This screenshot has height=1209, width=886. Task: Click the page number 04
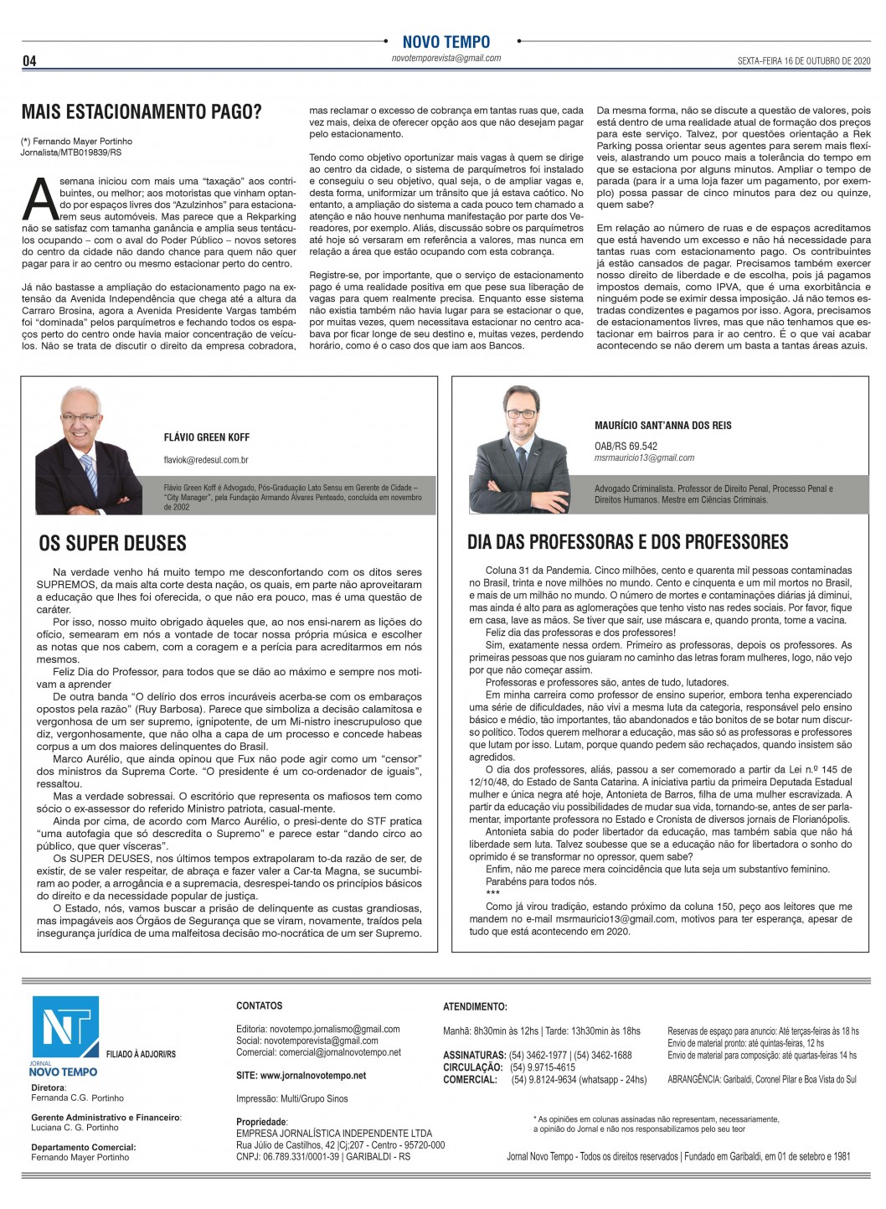click(29, 61)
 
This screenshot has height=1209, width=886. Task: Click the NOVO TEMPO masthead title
click(446, 42)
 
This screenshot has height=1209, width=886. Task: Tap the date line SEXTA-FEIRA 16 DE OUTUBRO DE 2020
click(804, 61)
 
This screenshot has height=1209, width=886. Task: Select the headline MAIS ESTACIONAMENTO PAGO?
click(142, 112)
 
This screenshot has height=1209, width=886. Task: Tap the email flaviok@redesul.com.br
click(206, 460)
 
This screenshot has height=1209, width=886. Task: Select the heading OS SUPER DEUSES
click(113, 544)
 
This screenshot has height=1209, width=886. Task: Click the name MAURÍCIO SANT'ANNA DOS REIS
click(662, 426)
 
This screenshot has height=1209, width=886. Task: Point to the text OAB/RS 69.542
click(626, 447)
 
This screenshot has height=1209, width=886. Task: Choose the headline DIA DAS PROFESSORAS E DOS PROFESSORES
click(627, 542)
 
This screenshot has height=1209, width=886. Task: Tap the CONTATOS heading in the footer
click(260, 1005)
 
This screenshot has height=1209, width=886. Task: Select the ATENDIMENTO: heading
click(475, 1006)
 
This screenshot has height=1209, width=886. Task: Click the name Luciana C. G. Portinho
click(75, 1127)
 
